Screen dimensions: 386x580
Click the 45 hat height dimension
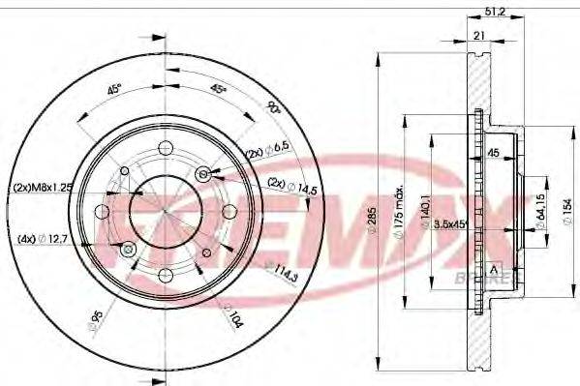click(492, 152)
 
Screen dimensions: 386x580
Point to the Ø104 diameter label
click(231, 314)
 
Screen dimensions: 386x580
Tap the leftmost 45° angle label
click(114, 89)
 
